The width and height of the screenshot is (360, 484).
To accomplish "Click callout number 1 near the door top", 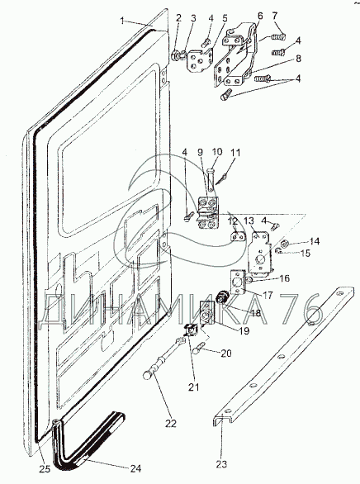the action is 123,21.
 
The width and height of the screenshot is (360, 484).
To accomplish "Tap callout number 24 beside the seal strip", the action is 135,469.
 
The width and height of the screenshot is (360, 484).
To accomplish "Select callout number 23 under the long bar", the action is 221,464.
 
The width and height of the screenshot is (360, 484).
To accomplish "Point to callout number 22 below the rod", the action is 171,424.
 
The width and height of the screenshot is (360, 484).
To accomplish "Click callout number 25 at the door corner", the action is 45,469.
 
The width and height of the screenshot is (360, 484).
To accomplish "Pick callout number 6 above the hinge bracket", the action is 260,16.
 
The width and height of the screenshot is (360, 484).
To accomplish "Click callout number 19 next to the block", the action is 244,331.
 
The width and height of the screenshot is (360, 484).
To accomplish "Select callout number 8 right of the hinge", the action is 298,59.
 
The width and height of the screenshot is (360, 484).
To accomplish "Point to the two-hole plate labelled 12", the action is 238,236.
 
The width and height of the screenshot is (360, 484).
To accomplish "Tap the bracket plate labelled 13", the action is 260,253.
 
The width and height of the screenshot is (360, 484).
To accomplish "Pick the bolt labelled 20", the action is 200,349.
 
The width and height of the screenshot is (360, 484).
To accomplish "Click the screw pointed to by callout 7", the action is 278,37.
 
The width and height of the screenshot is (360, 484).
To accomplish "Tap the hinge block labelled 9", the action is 207,213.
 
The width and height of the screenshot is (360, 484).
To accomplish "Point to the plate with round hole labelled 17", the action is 238,282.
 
